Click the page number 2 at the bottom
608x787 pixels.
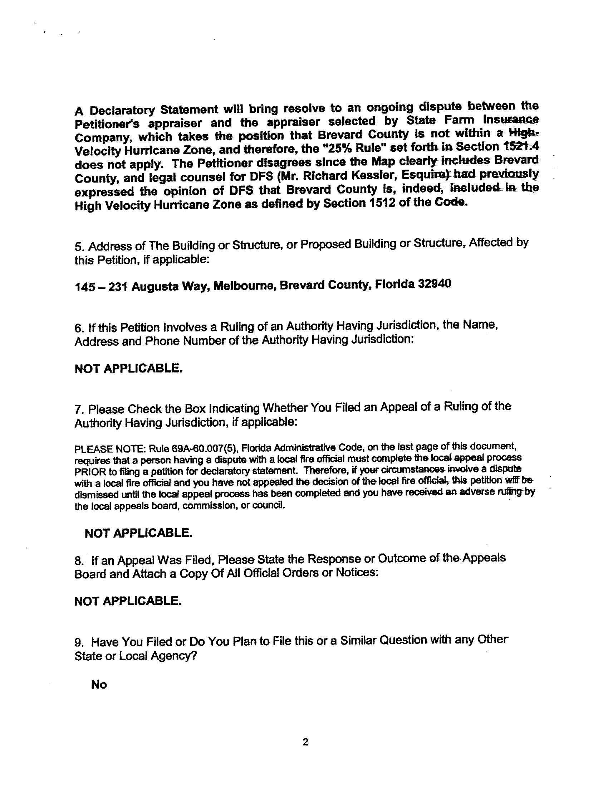click(x=305, y=742)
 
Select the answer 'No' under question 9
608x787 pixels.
click(x=99, y=684)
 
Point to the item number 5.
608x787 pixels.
click(x=78, y=247)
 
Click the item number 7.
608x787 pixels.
click(x=78, y=410)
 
